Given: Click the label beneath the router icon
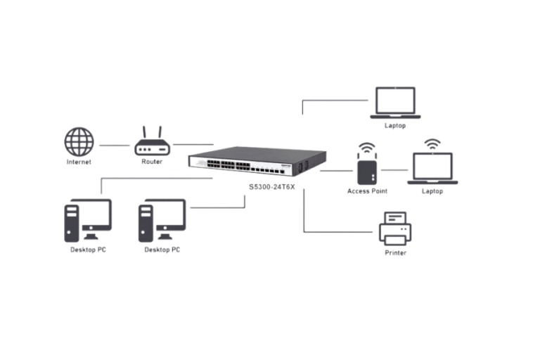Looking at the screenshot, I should pos(153,161).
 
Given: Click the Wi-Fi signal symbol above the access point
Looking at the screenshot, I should pos(366,148).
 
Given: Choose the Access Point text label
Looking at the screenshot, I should pos(366,191).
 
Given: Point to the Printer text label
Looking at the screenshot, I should pos(394,252).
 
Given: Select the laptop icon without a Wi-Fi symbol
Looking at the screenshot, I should pos(395,101).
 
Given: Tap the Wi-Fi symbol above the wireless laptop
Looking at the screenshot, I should pos(432,143).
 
